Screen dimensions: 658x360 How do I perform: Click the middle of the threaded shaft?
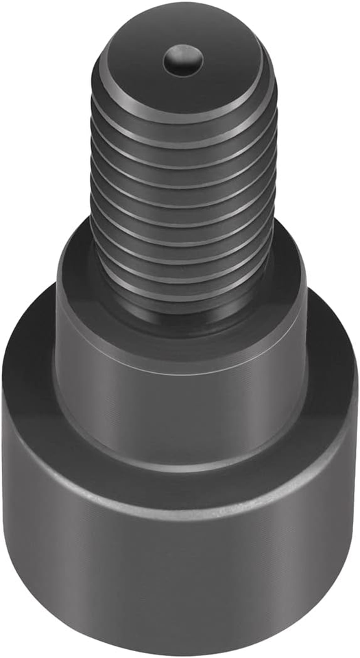click(184, 206)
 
